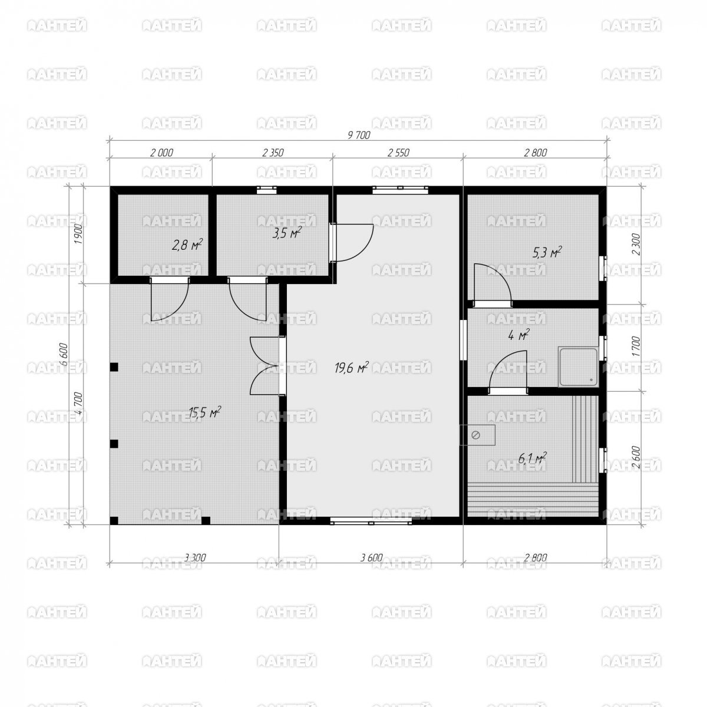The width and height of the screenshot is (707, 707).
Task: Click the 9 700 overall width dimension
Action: pos(359,135)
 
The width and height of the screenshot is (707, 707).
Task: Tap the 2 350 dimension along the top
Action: pos(273,152)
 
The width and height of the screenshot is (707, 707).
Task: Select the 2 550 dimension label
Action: pos(398,152)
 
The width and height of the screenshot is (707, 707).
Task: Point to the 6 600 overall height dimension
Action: pos(64,354)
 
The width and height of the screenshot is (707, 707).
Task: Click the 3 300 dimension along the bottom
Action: pos(195,558)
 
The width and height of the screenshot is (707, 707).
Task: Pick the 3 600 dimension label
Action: pos(371,558)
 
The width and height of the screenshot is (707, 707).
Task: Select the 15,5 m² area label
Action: pos(204,412)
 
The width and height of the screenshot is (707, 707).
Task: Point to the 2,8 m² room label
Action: pos(187,245)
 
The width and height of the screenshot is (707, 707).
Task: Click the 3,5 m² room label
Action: pos(286,233)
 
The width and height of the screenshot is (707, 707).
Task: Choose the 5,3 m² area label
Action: pos(547,252)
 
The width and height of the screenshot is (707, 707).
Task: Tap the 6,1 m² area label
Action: pos(532,458)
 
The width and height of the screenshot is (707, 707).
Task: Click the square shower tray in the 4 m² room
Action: pos(578,367)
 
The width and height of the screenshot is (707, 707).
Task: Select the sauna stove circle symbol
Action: pos(475,435)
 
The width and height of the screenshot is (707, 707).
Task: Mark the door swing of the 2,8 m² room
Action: pos(170,299)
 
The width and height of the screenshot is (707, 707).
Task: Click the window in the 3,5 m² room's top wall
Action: pos(266,190)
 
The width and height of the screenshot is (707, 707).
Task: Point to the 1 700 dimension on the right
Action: pos(636,346)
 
